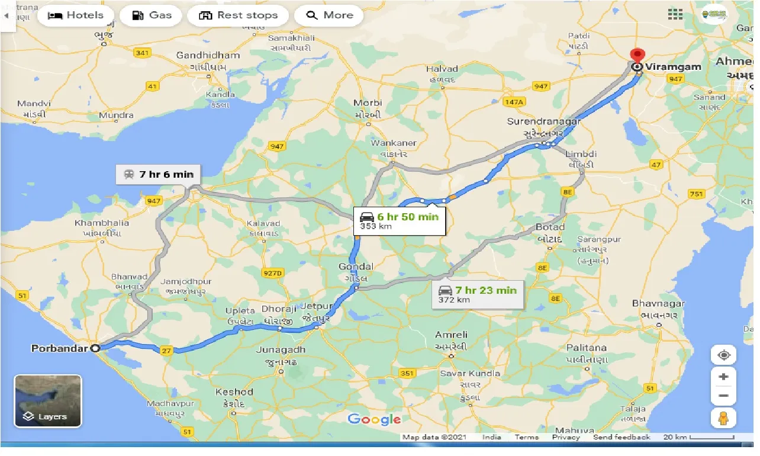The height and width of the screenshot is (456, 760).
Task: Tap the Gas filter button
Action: point(152,15)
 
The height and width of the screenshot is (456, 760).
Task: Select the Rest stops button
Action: point(238,15)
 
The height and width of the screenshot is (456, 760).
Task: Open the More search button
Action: point(329,15)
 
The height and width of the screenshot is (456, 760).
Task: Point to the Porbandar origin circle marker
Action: point(95,349)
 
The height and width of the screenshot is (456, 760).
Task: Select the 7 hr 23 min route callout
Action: point(478,294)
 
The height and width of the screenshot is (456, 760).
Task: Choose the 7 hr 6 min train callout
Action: point(159,175)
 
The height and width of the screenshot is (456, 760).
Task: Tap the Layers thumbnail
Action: point(47,401)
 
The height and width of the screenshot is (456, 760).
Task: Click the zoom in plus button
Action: point(723,377)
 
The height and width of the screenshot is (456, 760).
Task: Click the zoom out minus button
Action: point(723,396)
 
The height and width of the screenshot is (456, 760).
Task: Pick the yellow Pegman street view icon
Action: point(723,418)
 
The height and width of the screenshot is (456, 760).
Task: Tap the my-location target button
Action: point(723,355)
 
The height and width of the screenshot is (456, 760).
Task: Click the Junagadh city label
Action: point(281,350)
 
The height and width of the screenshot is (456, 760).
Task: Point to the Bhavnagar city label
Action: point(658,304)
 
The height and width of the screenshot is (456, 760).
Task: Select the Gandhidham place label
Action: point(208,56)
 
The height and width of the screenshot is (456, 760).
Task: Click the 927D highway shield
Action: point(272,272)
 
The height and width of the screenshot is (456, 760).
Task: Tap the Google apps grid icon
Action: point(675,14)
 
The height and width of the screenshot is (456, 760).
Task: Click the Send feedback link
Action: point(621,437)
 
